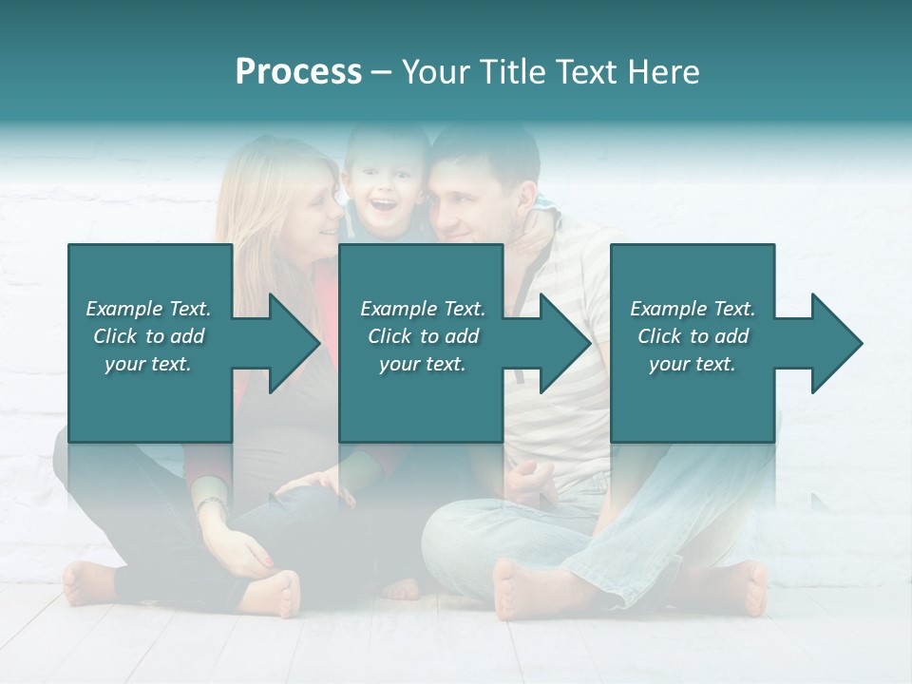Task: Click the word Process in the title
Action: coord(298,72)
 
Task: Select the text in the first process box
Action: coord(148,336)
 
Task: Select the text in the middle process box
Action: coord(422,336)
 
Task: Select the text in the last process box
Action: coord(692,336)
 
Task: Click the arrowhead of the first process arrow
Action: coord(294,343)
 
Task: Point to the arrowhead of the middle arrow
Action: coord(565,343)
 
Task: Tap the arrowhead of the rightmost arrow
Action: coord(837,343)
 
